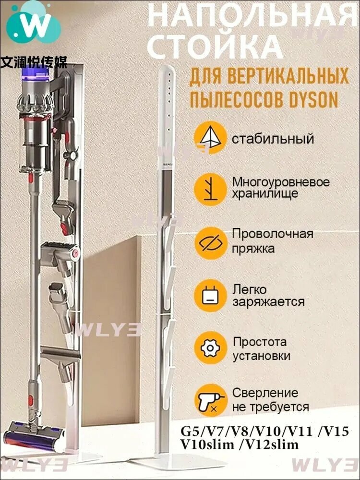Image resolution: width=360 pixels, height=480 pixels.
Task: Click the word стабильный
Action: coord(273,139)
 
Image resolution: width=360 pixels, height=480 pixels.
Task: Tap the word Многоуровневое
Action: coord(281,182)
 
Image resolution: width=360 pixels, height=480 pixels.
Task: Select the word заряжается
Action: coord(268,302)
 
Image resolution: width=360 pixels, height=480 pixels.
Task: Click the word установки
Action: coord(261,356)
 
